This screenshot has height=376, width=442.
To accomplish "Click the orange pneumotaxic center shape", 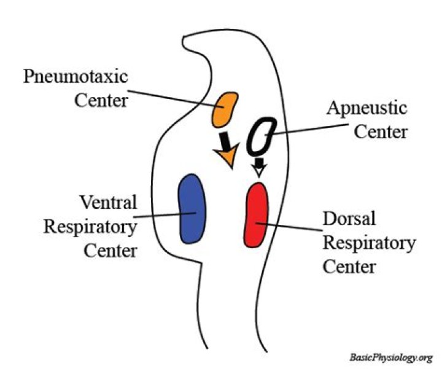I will [x=225, y=108].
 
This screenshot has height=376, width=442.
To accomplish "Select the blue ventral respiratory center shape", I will [x=192, y=209].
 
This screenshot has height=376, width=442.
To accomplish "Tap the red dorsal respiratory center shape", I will [x=256, y=214].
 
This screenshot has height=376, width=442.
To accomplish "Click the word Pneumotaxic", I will [x=77, y=79].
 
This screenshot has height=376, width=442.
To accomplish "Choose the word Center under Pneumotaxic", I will [x=101, y=100].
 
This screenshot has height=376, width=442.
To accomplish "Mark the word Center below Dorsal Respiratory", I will [x=349, y=267].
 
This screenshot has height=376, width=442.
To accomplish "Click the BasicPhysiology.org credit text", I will [x=391, y=357].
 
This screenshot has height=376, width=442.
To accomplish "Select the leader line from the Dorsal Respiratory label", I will [x=289, y=227].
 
